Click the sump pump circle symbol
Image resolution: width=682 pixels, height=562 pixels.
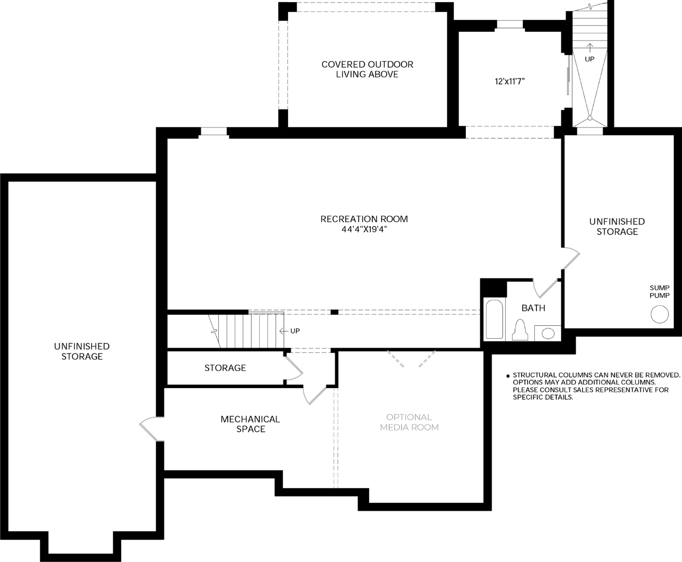pyautogui.click(x=659, y=314)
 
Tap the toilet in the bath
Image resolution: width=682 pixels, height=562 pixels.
pyautogui.click(x=520, y=330)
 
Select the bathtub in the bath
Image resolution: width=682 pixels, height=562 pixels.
pyautogui.click(x=494, y=319)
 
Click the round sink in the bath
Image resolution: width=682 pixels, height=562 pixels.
pyautogui.click(x=548, y=334)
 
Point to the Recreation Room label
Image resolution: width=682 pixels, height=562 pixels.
pyautogui.click(x=364, y=219)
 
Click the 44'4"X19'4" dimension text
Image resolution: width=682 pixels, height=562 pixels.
pyautogui.click(x=364, y=229)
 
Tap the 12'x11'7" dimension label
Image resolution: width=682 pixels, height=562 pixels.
pyautogui.click(x=509, y=81)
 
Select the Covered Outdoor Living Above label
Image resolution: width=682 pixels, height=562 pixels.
pyautogui.click(x=368, y=69)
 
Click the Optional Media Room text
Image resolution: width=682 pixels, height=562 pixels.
pyautogui.click(x=409, y=422)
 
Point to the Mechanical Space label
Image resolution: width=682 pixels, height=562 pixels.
pyautogui.click(x=251, y=424)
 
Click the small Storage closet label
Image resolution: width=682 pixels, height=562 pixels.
pyautogui.click(x=225, y=368)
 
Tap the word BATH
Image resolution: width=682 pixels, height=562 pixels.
pyautogui.click(x=533, y=308)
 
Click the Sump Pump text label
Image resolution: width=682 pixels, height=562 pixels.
pyautogui.click(x=660, y=291)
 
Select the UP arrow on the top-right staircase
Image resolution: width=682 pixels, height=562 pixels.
pyautogui.click(x=590, y=48)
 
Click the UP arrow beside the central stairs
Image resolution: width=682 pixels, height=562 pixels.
pyautogui.click(x=284, y=331)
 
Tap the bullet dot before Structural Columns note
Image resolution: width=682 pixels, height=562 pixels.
pyautogui.click(x=508, y=376)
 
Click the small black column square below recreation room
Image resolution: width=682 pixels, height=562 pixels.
pyautogui.click(x=334, y=312)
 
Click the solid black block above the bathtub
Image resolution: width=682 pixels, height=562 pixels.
pyautogui.click(x=493, y=288)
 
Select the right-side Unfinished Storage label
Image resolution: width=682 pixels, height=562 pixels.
pyautogui.click(x=617, y=226)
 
